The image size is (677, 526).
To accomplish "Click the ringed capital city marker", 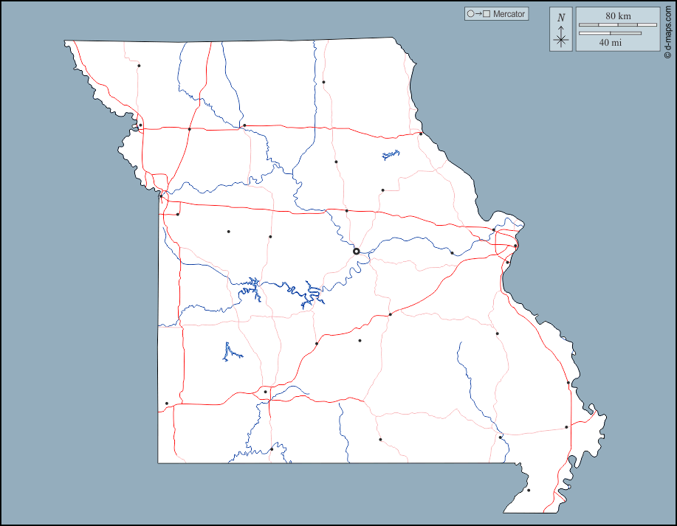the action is [x=356, y=252].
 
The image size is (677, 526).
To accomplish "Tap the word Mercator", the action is [x=509, y=14].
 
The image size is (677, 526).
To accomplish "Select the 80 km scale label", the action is [x=618, y=15].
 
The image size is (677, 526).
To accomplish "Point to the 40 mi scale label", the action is [x=610, y=43].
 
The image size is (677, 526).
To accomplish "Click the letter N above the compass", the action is [x=561, y=18].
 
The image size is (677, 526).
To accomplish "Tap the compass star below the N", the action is [x=561, y=38].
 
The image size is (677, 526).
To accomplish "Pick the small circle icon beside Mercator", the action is [x=470, y=14].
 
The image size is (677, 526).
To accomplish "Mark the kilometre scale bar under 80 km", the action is [x=617, y=25].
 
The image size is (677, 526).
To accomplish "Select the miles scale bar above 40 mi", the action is [x=610, y=33].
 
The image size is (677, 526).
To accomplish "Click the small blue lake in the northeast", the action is [x=391, y=155].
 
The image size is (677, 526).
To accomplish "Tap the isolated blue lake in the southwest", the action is [x=231, y=353].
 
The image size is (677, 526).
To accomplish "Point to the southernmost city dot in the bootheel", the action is [x=529, y=490].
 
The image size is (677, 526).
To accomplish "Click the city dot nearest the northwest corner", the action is [x=139, y=66].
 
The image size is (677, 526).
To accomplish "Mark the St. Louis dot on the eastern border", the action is [x=515, y=246].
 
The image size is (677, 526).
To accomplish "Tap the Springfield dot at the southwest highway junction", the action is [x=265, y=392].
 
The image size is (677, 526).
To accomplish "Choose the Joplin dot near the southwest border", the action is [x=167, y=404].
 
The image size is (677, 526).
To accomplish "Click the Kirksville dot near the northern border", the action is [x=323, y=82].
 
